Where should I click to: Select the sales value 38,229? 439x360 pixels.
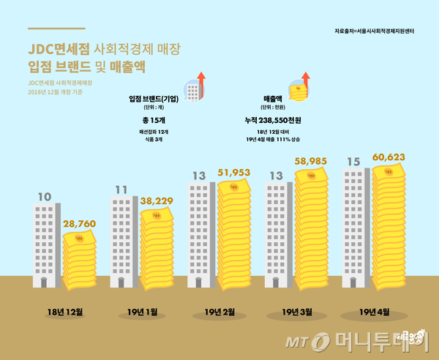[x=157, y=200]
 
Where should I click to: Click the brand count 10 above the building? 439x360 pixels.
[x=44, y=196]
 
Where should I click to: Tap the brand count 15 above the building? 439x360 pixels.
[x=353, y=161]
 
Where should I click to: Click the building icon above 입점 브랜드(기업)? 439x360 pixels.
[x=193, y=88]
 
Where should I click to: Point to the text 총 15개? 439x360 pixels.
[x=154, y=119]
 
